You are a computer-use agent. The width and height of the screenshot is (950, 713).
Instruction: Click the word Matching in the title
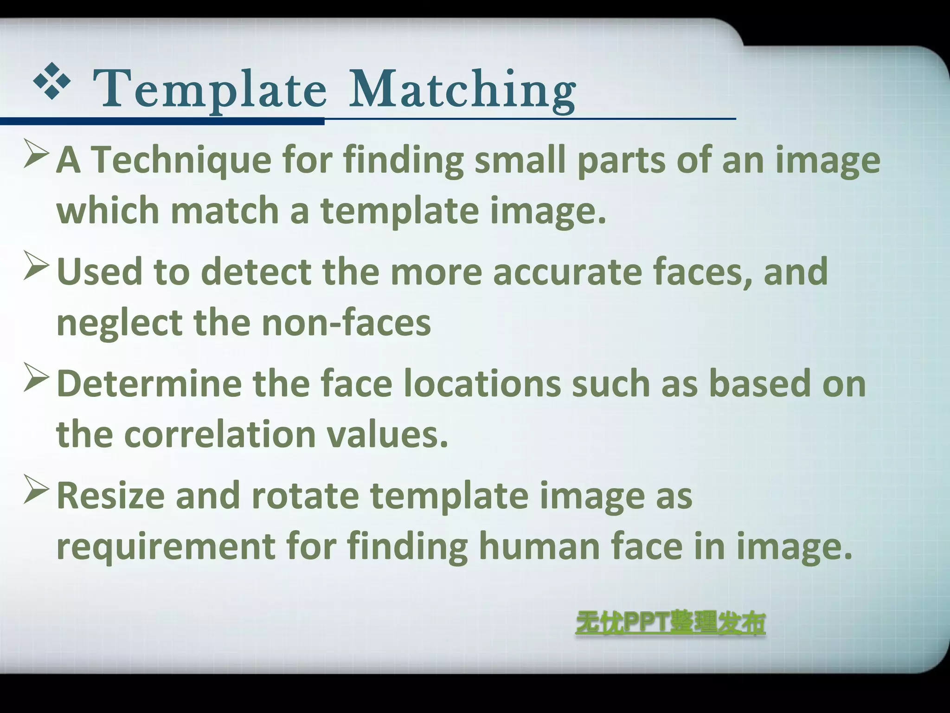(462, 89)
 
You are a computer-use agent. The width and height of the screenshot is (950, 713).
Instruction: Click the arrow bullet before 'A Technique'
(36, 155)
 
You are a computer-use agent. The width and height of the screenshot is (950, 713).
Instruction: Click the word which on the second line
(108, 210)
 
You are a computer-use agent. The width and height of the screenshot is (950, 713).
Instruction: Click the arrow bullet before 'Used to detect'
(36, 266)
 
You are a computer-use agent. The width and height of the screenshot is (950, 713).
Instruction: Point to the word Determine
(149, 384)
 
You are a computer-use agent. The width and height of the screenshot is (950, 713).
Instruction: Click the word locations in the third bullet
(482, 384)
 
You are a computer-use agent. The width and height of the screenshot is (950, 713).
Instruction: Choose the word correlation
(220, 434)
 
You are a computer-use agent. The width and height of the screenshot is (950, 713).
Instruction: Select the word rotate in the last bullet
(305, 496)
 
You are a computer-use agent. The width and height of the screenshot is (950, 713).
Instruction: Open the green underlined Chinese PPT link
(670, 623)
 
